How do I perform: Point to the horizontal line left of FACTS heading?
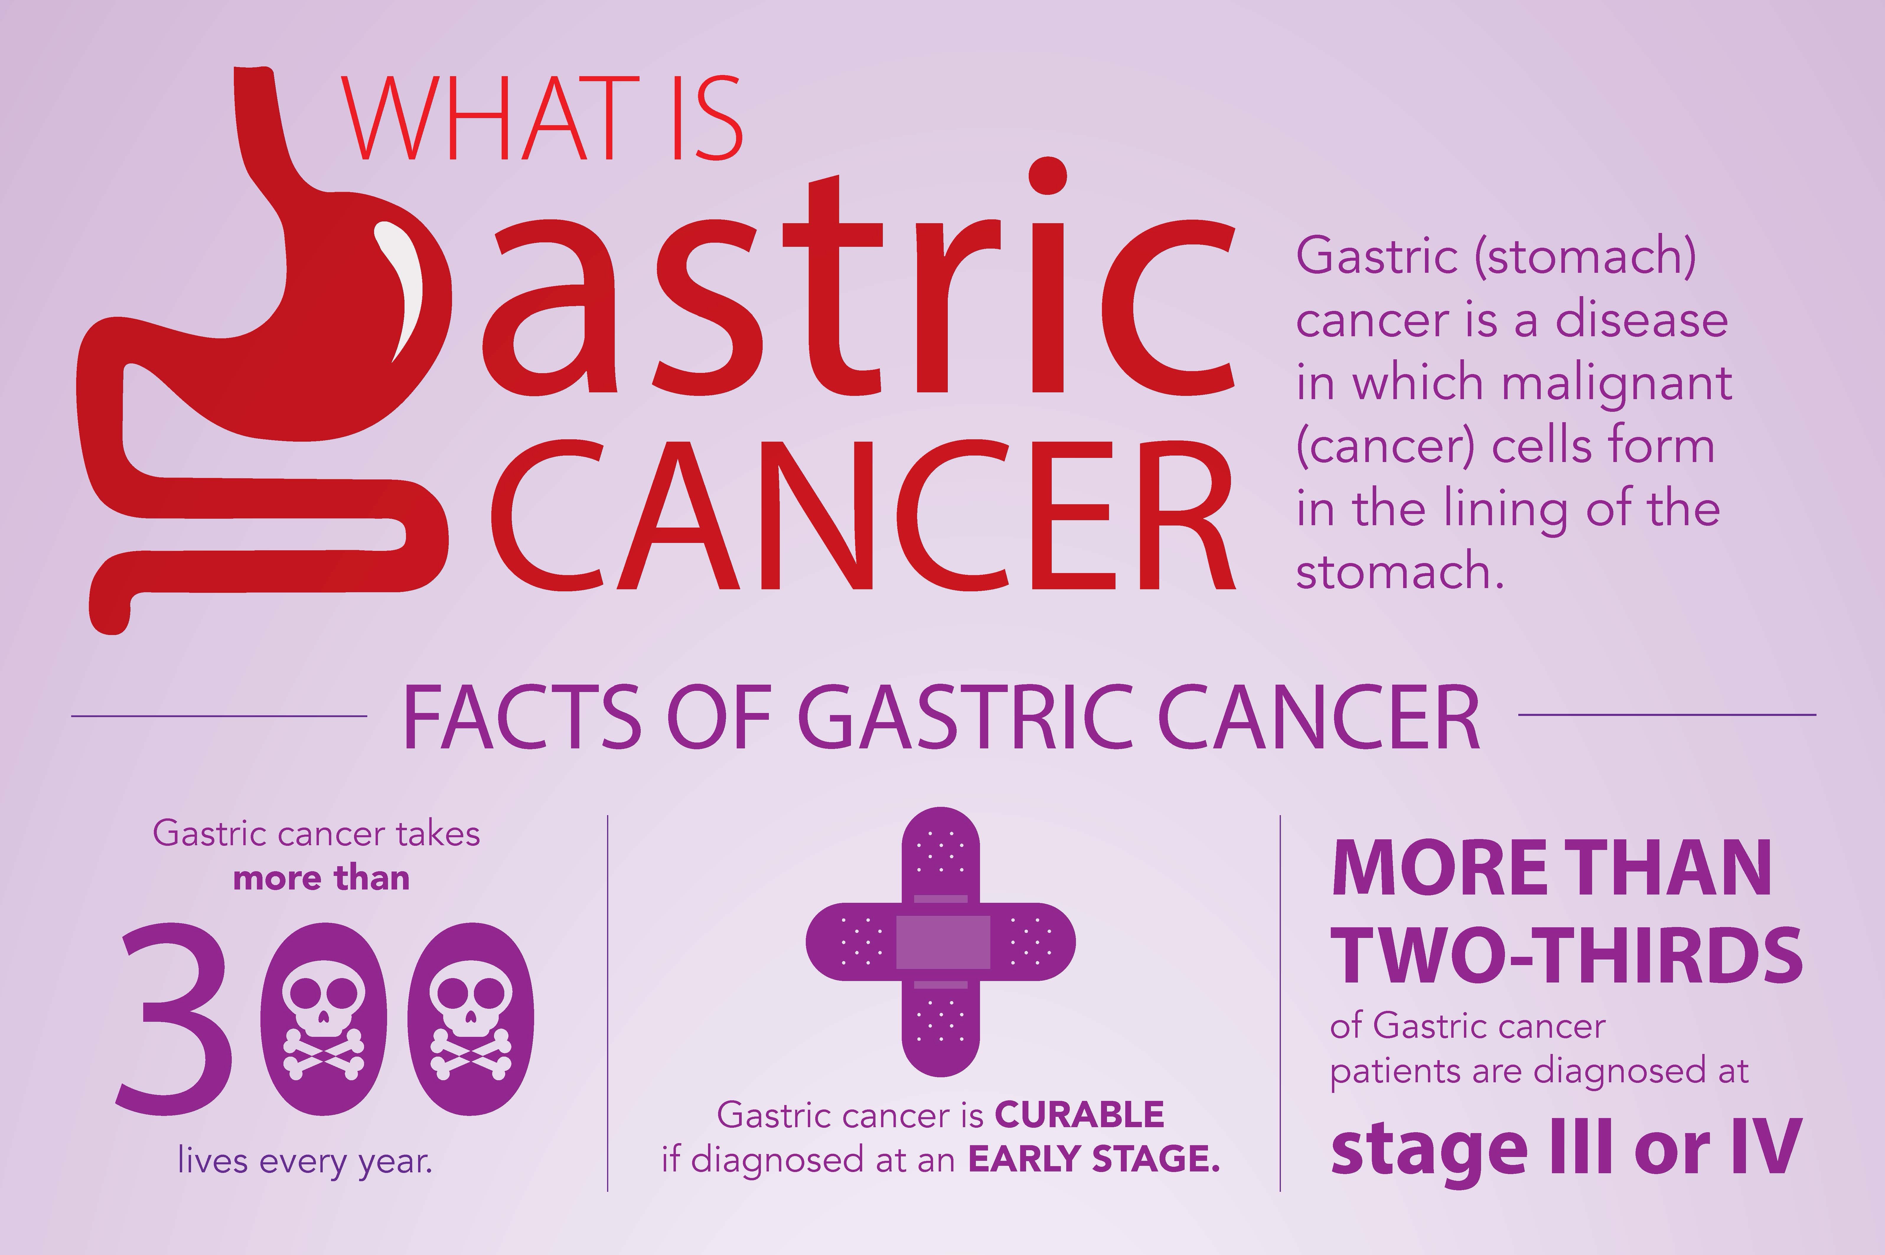tap(218, 716)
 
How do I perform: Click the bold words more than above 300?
tap(321, 879)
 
